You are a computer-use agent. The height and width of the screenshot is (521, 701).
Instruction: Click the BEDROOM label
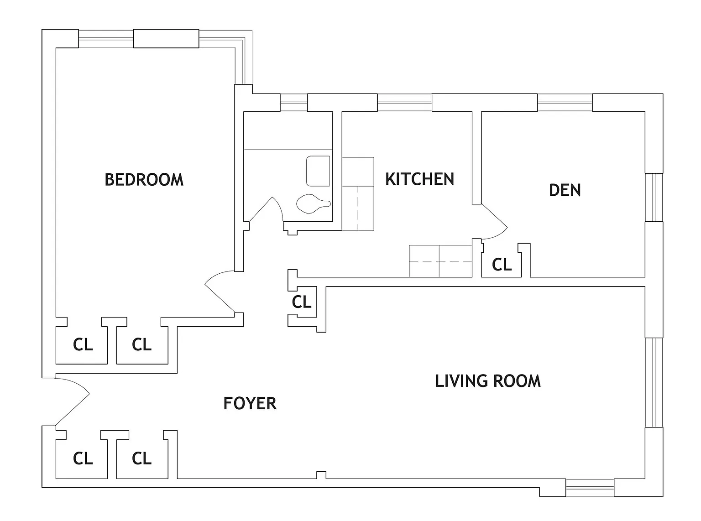click(144, 179)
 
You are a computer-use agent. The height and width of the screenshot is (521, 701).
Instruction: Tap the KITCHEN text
click(419, 179)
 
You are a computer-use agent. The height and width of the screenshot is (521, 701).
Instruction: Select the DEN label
click(565, 190)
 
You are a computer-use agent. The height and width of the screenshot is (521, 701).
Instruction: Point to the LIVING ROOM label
click(488, 381)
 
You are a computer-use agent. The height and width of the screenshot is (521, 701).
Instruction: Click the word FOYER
click(250, 403)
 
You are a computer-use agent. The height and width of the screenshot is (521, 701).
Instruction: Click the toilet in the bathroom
click(314, 203)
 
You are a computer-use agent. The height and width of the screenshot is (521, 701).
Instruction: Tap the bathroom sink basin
click(318, 171)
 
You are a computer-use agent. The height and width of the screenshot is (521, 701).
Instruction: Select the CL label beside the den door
click(502, 265)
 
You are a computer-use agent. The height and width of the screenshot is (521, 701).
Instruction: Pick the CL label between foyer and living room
click(302, 302)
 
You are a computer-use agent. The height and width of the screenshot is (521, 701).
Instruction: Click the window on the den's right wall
click(654, 198)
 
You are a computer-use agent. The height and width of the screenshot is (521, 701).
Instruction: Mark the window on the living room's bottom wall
click(590, 488)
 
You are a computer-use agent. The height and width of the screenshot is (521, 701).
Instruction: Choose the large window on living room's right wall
click(654, 383)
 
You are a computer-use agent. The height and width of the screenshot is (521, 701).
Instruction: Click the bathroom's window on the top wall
click(293, 103)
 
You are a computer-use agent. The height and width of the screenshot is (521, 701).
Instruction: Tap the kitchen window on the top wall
click(404, 103)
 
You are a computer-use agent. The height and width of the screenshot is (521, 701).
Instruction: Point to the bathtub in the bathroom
click(288, 130)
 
